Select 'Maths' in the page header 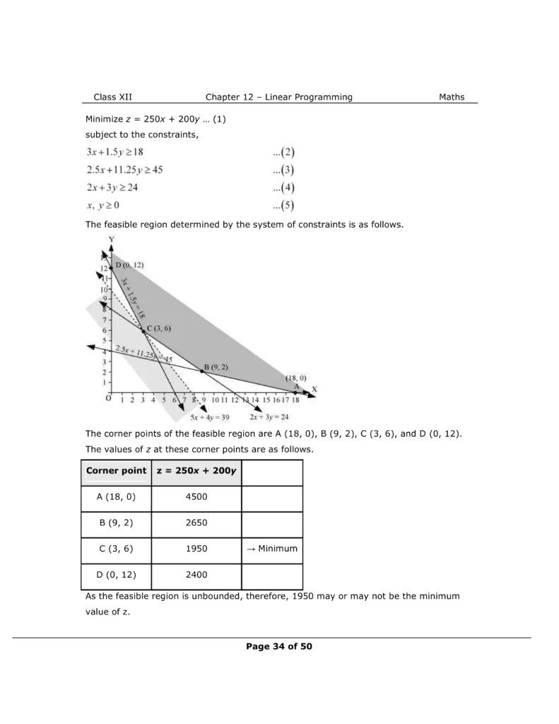pyautogui.click(x=452, y=97)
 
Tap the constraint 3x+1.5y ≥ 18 pyautogui.click(x=115, y=152)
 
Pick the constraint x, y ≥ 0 pyautogui.click(x=103, y=206)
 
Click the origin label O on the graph pyautogui.click(x=108, y=399)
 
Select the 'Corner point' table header pyautogui.click(x=117, y=471)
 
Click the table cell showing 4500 pyautogui.click(x=196, y=497)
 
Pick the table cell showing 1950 pyautogui.click(x=196, y=549)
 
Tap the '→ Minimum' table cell pyautogui.click(x=272, y=549)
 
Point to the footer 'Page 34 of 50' pyautogui.click(x=279, y=646)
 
